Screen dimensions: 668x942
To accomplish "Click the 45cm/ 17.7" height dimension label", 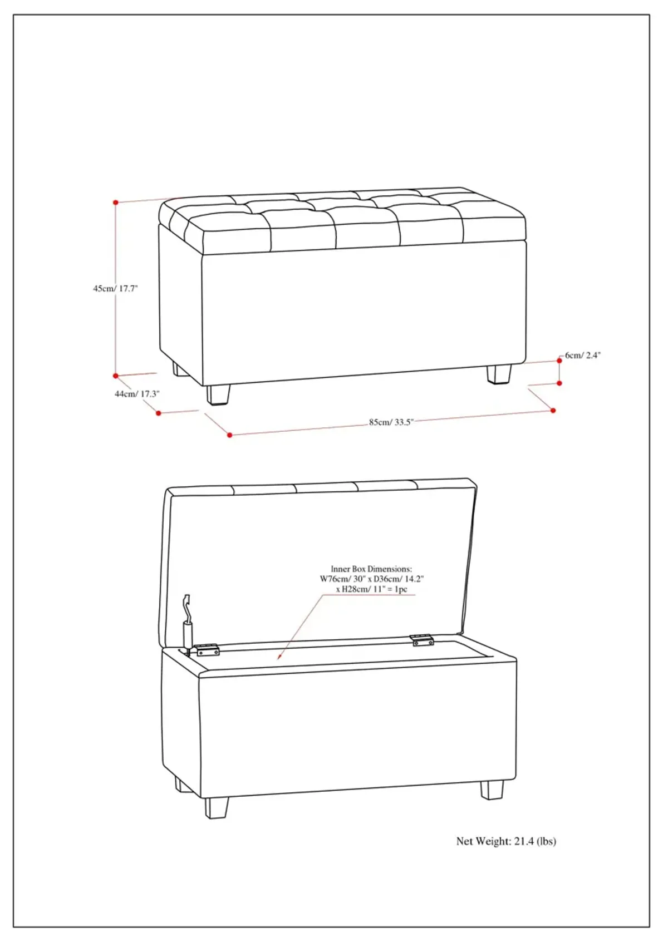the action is (115, 288).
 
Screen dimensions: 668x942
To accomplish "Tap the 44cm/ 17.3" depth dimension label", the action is (137, 394).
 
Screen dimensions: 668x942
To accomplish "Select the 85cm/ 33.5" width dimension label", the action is (391, 422).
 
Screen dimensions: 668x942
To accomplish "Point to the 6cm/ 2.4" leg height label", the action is (582, 356).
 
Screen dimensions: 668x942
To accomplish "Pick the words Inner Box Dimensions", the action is (371, 569).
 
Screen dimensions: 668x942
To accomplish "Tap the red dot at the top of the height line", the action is (116, 203).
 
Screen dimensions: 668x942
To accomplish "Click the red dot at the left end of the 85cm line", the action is (229, 435).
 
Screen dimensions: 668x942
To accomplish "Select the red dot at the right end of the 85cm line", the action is (553, 411).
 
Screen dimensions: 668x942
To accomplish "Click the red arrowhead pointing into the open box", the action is (279, 657).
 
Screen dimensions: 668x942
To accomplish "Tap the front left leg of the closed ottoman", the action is (218, 395).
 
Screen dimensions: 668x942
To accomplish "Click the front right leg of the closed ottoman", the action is (499, 374).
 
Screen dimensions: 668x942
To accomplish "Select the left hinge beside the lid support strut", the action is (208, 650).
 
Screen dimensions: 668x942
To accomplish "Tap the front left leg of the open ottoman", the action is (217, 808).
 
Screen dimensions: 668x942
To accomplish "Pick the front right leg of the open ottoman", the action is (492, 790).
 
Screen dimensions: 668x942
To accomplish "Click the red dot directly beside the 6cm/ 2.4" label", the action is (559, 361).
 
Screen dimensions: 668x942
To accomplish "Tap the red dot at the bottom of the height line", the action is (116, 376).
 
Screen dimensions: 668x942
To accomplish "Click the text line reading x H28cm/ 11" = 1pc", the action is (371, 589).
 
